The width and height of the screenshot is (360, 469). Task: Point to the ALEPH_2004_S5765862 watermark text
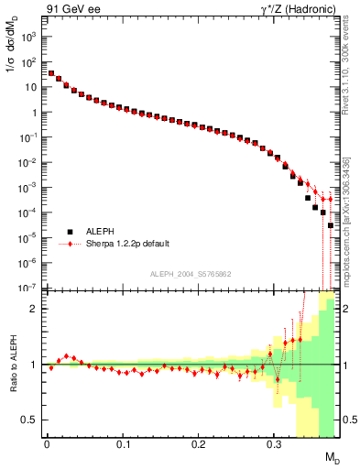coord(191,274)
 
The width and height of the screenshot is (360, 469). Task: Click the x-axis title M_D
coord(331,457)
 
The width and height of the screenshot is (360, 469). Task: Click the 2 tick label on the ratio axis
coord(35,309)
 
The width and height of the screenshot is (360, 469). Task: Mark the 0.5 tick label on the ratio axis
coord(31,420)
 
